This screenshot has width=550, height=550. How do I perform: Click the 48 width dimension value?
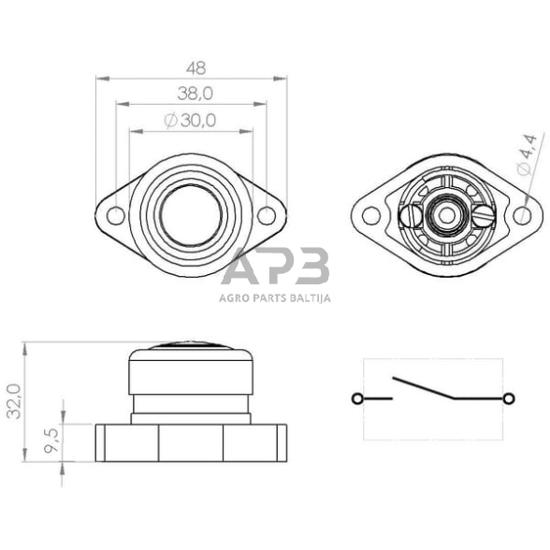coord(195,68)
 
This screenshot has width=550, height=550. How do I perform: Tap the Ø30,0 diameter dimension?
coord(190,119)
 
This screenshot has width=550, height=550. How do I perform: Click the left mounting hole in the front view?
coord(115,217)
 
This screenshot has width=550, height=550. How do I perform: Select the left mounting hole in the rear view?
coord(371,216)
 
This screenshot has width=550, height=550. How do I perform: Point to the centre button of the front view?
coord(191,216)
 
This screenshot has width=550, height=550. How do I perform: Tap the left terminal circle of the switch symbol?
coord(357,399)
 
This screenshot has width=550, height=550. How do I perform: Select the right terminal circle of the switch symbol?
coord(509,399)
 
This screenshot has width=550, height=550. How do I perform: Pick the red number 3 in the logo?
coord(310,268)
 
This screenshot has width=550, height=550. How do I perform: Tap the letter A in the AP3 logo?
coord(240,268)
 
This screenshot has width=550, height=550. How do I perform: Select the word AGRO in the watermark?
coord(233,299)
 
